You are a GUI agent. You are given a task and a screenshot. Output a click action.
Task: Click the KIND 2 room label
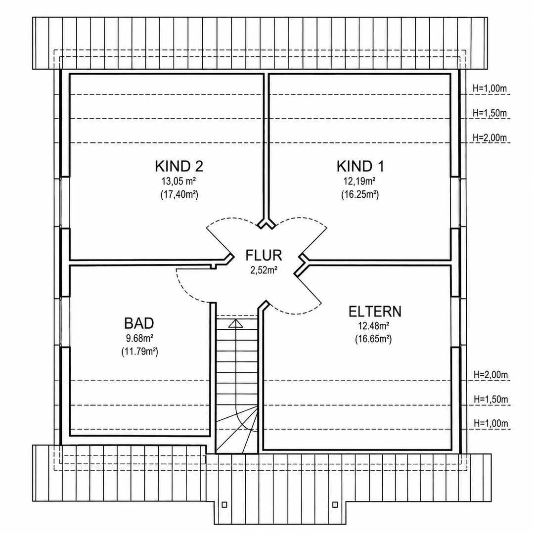click(179, 166)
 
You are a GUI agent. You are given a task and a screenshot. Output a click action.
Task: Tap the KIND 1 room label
click(360, 166)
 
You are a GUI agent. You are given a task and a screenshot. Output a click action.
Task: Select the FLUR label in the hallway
click(264, 255)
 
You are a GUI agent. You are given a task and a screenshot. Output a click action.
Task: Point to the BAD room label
click(139, 323)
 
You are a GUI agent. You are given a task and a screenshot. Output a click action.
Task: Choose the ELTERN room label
click(375, 311)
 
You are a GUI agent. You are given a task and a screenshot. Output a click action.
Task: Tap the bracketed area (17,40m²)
click(179, 195)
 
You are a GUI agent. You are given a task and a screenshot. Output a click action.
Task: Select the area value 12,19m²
click(360, 180)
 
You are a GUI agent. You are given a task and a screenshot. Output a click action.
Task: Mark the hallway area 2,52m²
click(264, 270)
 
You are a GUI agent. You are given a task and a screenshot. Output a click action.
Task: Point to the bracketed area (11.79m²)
click(139, 352)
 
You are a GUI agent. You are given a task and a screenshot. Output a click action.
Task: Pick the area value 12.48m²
click(374, 326)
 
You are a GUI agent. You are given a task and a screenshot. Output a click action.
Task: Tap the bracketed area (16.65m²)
click(373, 339)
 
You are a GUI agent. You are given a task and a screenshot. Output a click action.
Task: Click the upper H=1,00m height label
click(489, 89)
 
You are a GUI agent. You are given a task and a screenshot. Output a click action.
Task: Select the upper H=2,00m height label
click(489, 137)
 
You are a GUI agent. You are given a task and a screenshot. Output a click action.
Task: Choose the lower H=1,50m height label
click(491, 399)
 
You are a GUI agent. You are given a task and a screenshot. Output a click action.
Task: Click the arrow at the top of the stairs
click(235, 323)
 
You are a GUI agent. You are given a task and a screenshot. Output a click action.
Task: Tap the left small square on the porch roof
click(224, 504)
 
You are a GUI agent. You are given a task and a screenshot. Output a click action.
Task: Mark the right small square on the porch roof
click(335, 504)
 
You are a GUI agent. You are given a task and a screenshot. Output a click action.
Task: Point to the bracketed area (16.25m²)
click(360, 195)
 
